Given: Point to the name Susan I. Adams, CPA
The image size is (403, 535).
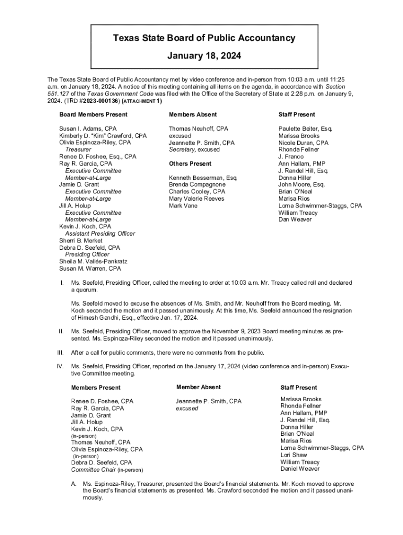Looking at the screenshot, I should click(x=88, y=129).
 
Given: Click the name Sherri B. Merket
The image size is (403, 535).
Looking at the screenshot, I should click(x=81, y=241).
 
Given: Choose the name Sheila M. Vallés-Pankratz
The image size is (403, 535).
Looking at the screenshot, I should click(x=93, y=262).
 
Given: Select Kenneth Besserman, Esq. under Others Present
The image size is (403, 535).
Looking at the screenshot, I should click(x=203, y=178).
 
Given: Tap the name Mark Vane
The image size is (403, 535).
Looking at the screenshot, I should click(x=183, y=206).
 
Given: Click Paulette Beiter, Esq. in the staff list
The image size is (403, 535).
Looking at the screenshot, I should click(x=306, y=129).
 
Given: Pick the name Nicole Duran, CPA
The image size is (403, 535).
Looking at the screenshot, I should click(x=304, y=143).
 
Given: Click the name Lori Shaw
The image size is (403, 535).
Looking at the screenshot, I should click(x=294, y=455).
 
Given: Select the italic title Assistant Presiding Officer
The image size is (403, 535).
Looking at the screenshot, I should click(x=100, y=234).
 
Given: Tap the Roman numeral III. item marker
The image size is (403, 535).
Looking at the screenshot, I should click(x=61, y=353).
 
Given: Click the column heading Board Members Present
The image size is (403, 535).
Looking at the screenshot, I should click(x=93, y=114).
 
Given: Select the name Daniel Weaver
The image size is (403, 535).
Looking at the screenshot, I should click(x=300, y=469).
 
